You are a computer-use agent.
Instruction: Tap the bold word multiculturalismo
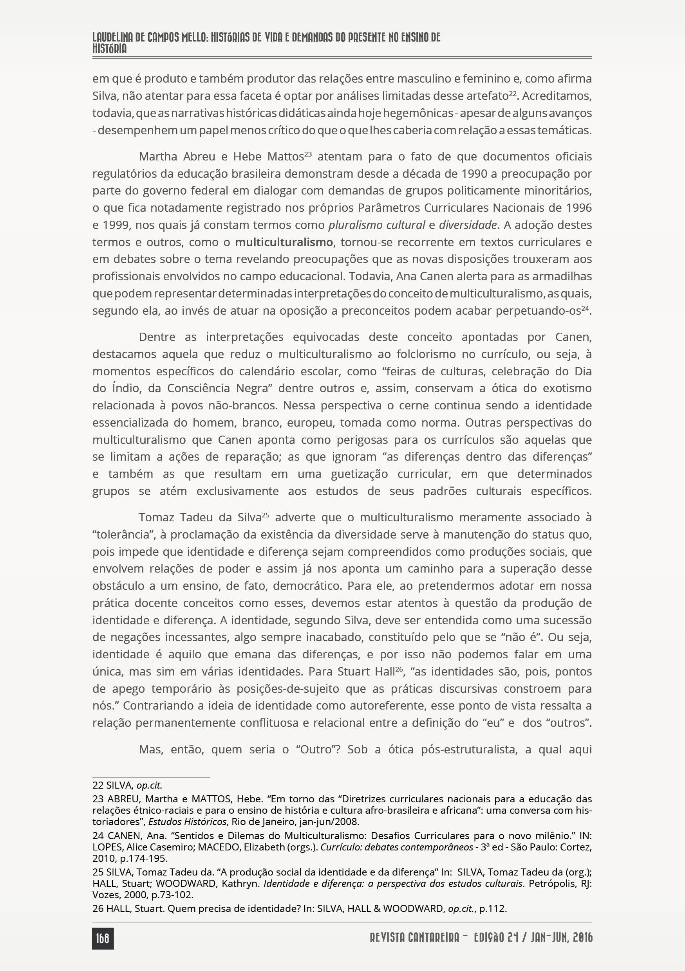284,242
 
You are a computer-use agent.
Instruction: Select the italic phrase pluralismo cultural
376,225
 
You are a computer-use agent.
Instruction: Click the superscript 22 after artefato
513,93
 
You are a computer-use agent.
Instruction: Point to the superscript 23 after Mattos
308,154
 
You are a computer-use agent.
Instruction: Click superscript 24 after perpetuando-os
585,308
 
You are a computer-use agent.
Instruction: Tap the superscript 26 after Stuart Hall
399,669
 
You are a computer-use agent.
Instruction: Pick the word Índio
126,388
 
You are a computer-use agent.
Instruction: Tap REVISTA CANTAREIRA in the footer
415,938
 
